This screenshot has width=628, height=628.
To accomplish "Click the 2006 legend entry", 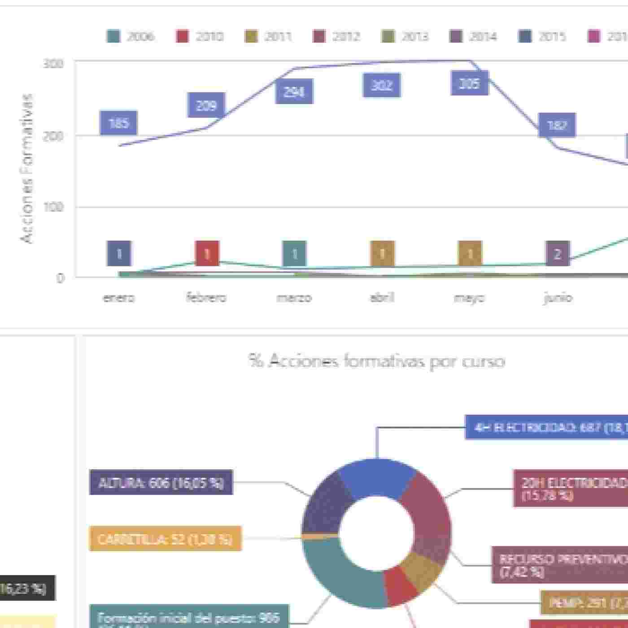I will (131, 36).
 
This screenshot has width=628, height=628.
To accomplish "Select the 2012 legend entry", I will (336, 36).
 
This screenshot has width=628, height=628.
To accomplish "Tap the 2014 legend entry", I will (474, 36).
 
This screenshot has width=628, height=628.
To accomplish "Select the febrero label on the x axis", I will (206, 297).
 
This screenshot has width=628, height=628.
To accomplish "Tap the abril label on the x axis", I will (382, 297).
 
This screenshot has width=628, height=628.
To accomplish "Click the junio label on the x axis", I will (558, 297).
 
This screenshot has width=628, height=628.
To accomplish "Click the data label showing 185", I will (118, 123).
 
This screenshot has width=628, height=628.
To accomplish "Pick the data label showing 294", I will (294, 92).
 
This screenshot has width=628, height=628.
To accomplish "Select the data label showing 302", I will (382, 85).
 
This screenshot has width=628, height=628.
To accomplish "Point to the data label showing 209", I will (206, 105).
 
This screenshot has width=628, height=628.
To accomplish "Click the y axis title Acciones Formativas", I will (27, 168).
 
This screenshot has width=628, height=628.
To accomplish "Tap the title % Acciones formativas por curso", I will (377, 361).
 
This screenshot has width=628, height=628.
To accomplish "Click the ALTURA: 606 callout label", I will (161, 482).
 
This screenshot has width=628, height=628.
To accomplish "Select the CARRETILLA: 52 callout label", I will (165, 538).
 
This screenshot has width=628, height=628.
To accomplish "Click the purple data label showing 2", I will (558, 254).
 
